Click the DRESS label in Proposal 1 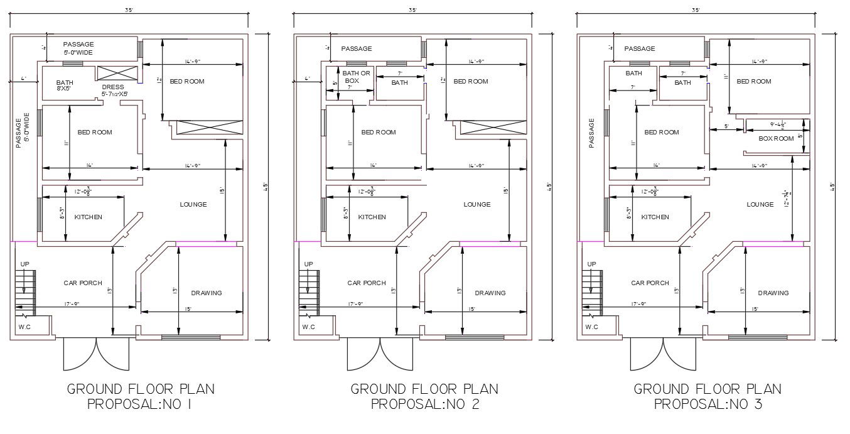[112, 87]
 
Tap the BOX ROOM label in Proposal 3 [776, 138]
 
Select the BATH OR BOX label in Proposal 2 [357, 77]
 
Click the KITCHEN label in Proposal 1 [89, 217]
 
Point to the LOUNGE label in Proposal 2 [476, 204]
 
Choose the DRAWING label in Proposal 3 [773, 293]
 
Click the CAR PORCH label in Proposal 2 [366, 283]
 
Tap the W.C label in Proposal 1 [25, 327]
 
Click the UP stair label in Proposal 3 [591, 264]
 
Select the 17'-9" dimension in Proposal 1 [72, 303]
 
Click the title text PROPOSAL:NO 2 [425, 404]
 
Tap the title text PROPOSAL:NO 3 [708, 404]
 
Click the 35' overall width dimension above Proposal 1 [129, 10]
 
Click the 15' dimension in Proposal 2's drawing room [471, 308]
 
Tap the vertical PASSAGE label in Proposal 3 [591, 133]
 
